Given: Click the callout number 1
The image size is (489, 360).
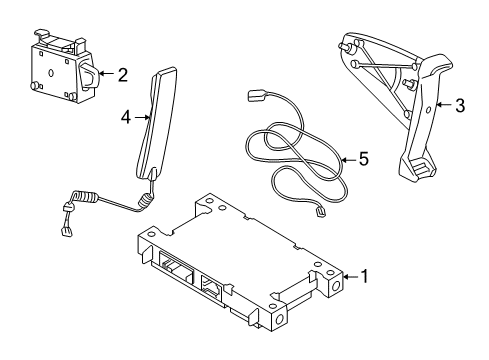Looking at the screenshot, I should point(365,275).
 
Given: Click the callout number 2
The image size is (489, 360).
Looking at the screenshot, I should point(122,74).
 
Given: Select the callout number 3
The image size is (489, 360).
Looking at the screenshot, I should point(459,106).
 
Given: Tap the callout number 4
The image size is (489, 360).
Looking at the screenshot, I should point(126,117).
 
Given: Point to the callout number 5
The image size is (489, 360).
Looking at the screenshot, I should point(363,159).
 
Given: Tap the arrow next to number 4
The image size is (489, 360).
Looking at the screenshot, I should point(142,117).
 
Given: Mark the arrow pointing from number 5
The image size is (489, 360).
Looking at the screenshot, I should point(346,159).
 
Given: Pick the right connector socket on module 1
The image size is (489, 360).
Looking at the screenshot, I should point(215,287).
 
